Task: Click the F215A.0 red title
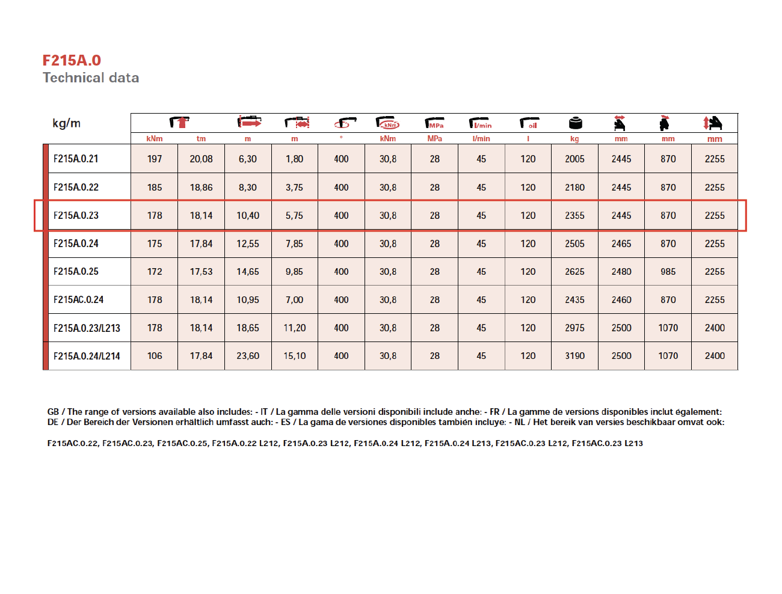tap(72, 61)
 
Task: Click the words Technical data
tap(91, 78)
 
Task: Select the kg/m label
tap(66, 123)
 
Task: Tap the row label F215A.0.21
tap(76, 159)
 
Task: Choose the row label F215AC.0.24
tap(78, 299)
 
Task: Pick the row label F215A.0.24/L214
tap(87, 356)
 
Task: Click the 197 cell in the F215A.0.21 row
tap(155, 159)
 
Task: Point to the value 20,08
tap(201, 159)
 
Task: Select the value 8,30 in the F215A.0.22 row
tap(247, 187)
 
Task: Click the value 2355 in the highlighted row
tap(574, 215)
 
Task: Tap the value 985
tap(668, 271)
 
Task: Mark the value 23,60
tap(248, 356)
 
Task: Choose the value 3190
tap(574, 356)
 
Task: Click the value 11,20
tap(294, 328)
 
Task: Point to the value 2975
tap(574, 328)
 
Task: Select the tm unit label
tap(201, 139)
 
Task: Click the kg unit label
tap(574, 139)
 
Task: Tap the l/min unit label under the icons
tap(481, 139)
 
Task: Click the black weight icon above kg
tap(575, 123)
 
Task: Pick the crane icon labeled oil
tap(529, 123)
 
